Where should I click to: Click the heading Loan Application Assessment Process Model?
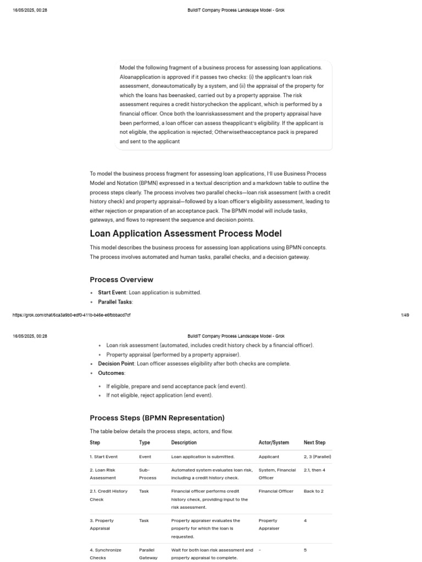tap(185, 234)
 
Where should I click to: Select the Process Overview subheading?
tap(121, 279)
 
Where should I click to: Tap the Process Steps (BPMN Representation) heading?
tap(157, 418)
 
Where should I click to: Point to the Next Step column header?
tap(314, 442)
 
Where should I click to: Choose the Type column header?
tap(145, 442)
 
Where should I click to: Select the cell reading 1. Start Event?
tap(104, 457)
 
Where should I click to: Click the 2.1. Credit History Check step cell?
tap(108, 495)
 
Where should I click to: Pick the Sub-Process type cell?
tap(147, 474)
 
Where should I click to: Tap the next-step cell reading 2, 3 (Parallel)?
tap(317, 457)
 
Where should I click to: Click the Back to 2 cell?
tap(315, 491)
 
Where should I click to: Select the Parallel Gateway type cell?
tap(148, 553)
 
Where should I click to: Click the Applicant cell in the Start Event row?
tap(269, 457)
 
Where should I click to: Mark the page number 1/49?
tap(405, 315)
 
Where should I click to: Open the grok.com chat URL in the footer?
tap(71, 315)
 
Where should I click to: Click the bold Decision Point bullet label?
tap(116, 364)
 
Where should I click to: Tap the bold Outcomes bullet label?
tap(111, 373)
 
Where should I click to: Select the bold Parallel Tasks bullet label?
tap(115, 302)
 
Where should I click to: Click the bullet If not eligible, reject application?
tap(159, 395)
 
